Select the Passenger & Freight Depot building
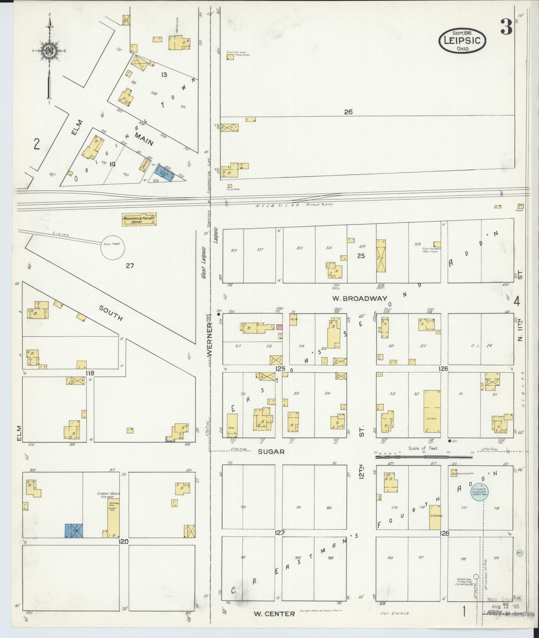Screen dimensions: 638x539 139,220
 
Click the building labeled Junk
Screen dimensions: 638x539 432,411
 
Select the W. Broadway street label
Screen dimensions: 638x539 360,298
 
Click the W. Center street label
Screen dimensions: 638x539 274,614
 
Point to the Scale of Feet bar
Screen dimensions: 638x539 423,457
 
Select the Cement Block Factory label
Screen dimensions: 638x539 108,495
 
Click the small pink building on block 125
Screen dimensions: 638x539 279,327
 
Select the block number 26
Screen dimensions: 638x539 348,112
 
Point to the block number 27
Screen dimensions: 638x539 129,265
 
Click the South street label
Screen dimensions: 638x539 111,313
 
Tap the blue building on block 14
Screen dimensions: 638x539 165,173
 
